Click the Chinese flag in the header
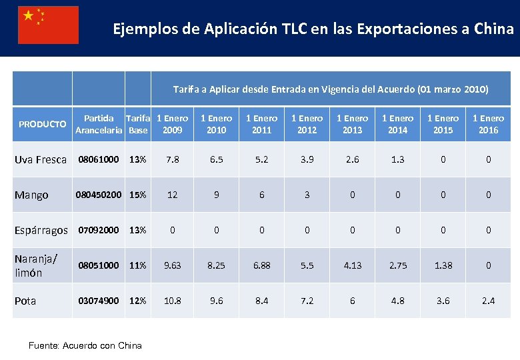coord(48,25)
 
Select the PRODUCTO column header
coord(42,124)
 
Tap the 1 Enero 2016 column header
coord(488,124)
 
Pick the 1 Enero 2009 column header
coord(173,124)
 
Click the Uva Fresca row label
coord(41,159)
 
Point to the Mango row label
coord(31,195)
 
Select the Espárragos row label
coord(41,230)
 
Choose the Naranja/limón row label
coord(36,265)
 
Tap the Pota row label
coord(26,301)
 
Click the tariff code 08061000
coord(99,159)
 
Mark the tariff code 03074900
coord(99,301)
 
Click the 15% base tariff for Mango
coord(138,195)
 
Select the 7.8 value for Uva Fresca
coord(173,159)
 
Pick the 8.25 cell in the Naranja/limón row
coord(217,265)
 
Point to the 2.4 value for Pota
coord(488,301)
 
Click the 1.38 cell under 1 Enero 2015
coord(443,265)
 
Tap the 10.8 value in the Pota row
coord(173,301)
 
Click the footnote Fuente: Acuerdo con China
coord(85,345)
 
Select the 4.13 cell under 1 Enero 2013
coord(353,265)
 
